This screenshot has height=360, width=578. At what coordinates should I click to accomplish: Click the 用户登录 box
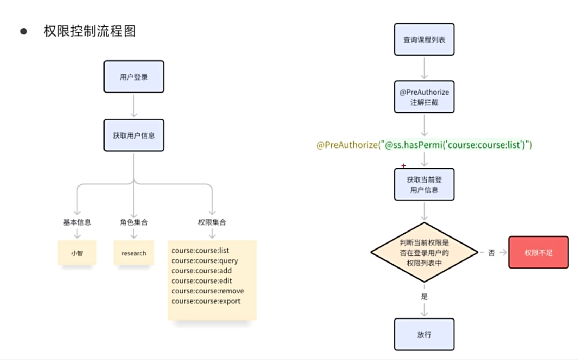coord(134,77)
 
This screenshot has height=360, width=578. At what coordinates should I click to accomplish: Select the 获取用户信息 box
coord(134,135)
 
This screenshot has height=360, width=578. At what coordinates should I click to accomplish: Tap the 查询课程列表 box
coord(424,39)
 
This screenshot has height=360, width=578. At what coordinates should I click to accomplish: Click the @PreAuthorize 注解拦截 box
coord(424,97)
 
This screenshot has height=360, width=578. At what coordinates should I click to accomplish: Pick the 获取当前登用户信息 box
coord(424,184)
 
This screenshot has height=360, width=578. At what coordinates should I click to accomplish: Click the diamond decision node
coord(424,252)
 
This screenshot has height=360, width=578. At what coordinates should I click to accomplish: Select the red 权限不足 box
coord(539,252)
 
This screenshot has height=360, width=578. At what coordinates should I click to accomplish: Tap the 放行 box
coord(424,334)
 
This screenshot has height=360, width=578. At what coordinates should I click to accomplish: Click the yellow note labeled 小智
coord(77,253)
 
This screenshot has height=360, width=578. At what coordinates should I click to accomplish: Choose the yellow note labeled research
coord(134,253)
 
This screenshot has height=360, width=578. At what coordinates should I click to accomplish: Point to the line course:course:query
coord(205,261)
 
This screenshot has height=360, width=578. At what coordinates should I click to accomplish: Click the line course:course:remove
coord(208,291)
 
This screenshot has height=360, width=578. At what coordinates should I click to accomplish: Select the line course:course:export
coord(206,301)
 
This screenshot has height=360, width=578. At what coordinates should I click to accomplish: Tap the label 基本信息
coord(77,222)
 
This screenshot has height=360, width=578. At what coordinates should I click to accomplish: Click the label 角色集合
coord(134,222)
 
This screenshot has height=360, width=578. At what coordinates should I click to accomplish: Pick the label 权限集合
coord(212,222)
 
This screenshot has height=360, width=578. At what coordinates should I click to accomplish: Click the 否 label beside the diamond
coord(491,253)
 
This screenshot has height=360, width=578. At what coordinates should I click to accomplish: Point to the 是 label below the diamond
coord(424,297)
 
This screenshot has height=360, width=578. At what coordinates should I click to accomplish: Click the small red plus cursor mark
coord(403,165)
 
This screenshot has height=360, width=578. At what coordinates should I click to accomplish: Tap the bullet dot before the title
coord(24,31)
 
